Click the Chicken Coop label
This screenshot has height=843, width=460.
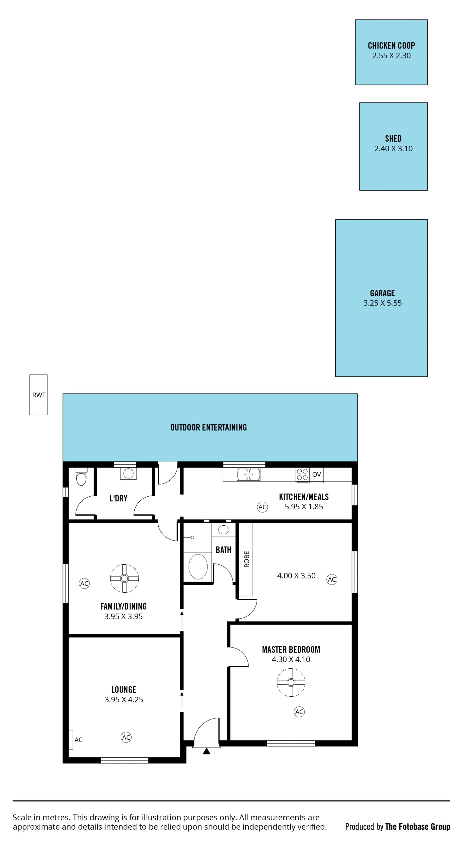pos(391,45)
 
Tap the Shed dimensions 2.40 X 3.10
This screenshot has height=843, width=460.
pos(393,149)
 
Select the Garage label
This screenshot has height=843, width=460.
pos(382,293)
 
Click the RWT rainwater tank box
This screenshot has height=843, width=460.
pos(39,395)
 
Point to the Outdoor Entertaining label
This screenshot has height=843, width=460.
pos(208,427)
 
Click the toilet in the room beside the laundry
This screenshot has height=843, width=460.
pos(81,477)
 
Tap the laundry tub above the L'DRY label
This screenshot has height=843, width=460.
pos(128,473)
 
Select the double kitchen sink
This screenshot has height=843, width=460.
pos(249,474)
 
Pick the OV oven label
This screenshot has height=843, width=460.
pos(316,474)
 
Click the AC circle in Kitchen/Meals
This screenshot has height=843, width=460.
pos(262,507)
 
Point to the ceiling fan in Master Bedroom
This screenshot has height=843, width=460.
pos(291,683)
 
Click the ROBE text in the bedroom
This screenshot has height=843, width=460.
pos(247,559)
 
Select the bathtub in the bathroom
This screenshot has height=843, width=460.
pos(198,567)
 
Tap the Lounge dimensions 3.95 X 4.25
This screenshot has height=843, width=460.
pos(124,700)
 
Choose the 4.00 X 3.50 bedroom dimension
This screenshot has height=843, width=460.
pos(296,576)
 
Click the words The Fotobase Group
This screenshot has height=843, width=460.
pos(417,827)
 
